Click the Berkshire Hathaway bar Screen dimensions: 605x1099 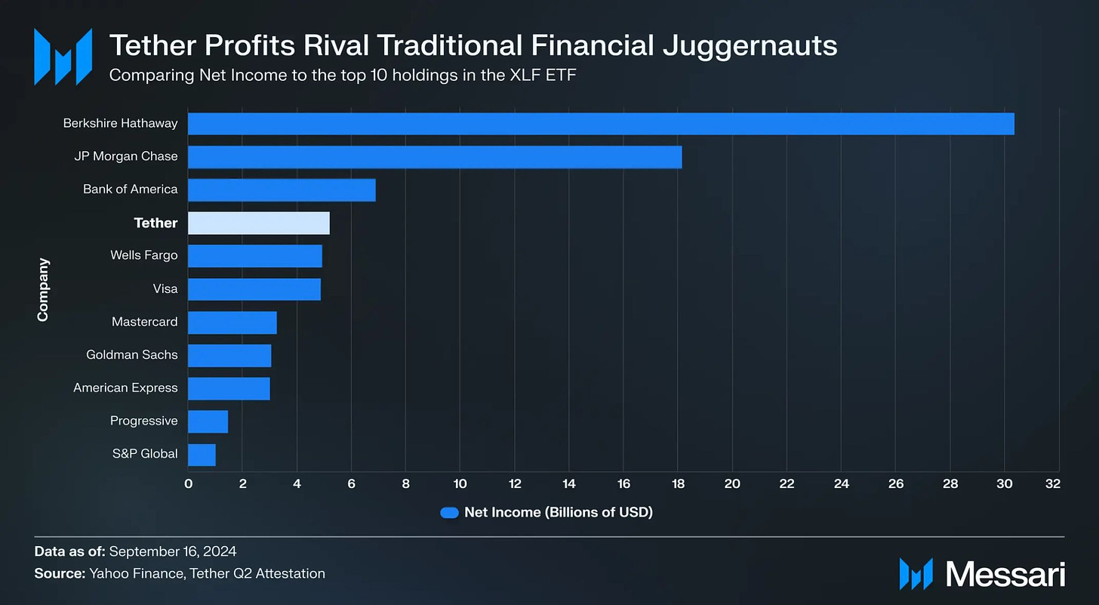click(601, 123)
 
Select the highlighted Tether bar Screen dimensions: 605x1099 click(258, 223)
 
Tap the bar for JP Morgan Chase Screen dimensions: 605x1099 click(435, 156)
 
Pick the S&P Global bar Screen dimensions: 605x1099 click(202, 455)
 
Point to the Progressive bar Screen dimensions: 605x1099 click(208, 421)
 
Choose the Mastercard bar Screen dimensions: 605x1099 click(232, 322)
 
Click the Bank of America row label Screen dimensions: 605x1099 click(131, 189)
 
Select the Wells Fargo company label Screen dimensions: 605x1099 click(144, 255)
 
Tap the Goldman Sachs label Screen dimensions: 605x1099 click(132, 354)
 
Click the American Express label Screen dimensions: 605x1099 click(125, 387)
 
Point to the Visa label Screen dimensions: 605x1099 click(165, 289)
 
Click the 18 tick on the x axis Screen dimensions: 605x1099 click(678, 484)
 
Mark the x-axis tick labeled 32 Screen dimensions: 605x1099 click(1059, 484)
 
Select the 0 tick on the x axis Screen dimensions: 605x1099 click(188, 484)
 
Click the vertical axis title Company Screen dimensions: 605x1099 click(43, 289)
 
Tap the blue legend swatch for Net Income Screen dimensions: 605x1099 click(449, 513)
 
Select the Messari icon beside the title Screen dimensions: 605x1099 click(63, 56)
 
